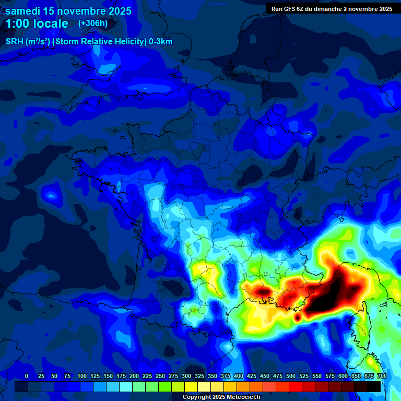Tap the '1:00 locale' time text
pos(37,23)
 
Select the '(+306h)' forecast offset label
pos(93,23)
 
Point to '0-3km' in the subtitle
pos(161,42)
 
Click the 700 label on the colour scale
pos(382,376)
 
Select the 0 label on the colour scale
pos(27,376)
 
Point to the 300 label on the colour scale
pos(186,376)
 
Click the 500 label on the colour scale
pos(291,376)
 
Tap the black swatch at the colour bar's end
pos(374,386)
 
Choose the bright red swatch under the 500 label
pos(296,386)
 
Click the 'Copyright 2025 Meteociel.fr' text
pos(221,397)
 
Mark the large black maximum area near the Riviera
pos(334,292)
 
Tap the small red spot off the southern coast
pos(298,316)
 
